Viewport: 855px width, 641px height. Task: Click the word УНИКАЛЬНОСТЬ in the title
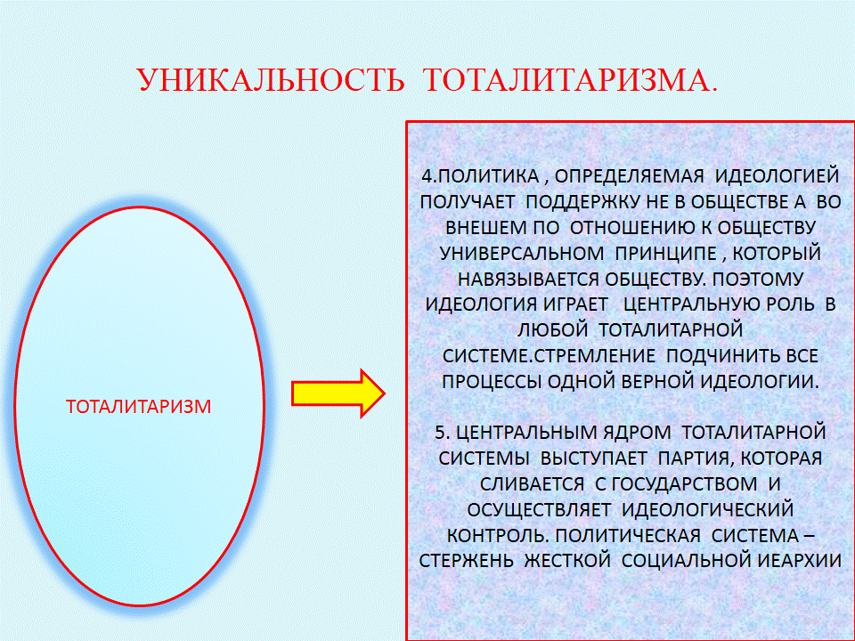(271, 79)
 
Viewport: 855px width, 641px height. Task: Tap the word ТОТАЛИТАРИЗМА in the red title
(566, 79)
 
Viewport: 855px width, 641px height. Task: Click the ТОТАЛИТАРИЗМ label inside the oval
(139, 407)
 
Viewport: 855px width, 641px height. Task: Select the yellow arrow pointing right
(338, 394)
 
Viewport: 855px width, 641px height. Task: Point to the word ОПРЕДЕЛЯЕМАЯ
(630, 176)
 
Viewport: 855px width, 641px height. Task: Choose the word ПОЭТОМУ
(758, 279)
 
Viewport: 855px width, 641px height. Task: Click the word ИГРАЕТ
(575, 304)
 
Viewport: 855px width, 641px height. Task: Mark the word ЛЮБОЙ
(552, 329)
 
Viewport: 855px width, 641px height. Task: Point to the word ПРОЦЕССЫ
(492, 382)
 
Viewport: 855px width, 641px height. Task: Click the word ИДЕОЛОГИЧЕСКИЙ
(708, 509)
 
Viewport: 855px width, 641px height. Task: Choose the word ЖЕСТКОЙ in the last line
(567, 561)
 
